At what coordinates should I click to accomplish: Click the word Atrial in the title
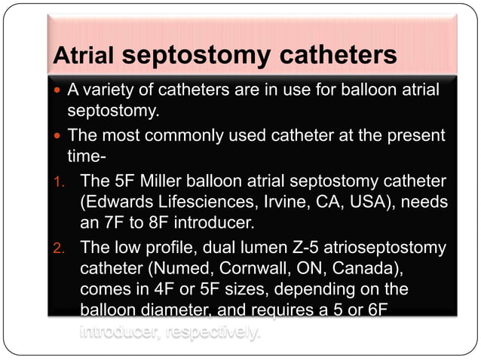pos(83,56)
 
